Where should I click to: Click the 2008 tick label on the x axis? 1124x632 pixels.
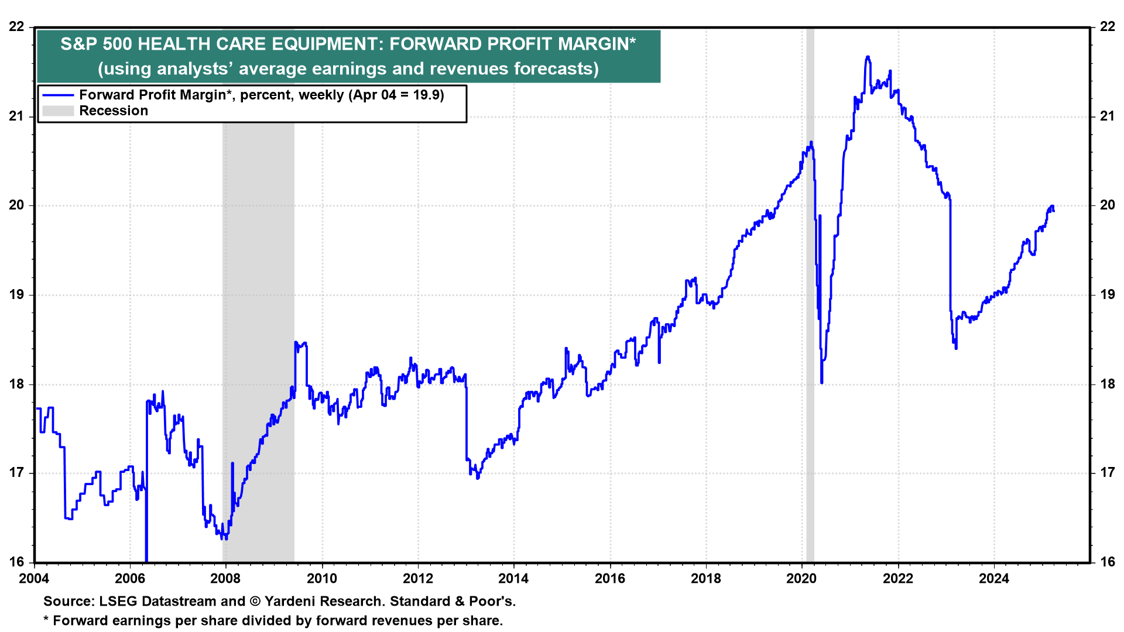(225, 579)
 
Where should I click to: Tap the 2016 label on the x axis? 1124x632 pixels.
(609, 579)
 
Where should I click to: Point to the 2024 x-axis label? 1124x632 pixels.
(993, 579)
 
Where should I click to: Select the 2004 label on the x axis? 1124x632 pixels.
(34, 579)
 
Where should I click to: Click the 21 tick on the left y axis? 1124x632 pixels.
(17, 116)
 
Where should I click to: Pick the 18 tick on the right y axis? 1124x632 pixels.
(1107, 384)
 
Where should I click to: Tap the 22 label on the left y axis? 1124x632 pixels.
(17, 27)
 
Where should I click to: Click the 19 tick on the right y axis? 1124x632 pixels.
(1107, 294)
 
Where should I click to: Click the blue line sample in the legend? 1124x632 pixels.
(58, 95)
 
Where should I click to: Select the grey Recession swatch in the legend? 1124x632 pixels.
(58, 111)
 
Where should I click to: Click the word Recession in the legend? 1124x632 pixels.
(114, 111)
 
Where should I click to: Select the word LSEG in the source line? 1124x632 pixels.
(118, 602)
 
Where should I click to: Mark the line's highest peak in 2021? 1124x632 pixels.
(868, 57)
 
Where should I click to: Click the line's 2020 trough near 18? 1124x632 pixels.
(822, 383)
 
